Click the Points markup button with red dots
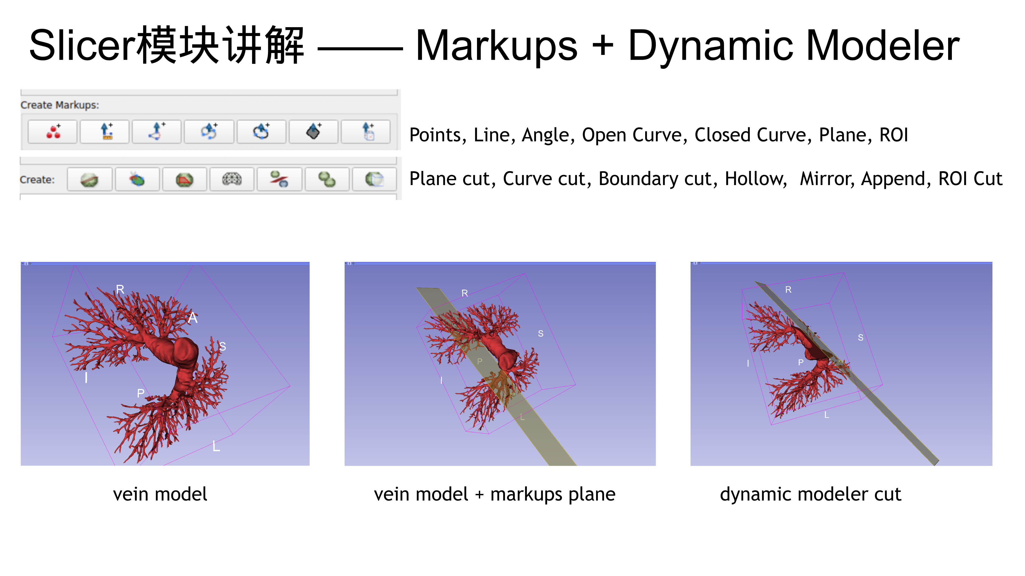coord(53,131)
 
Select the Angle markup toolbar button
coord(156,131)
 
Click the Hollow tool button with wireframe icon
coord(232,179)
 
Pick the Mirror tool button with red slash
coord(279,179)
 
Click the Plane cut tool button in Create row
coord(89,179)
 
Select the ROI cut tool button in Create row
coord(374,179)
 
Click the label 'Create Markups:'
coord(60,105)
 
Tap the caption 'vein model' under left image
coord(160,494)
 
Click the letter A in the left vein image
coord(192,318)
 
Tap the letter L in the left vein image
coord(216,446)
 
